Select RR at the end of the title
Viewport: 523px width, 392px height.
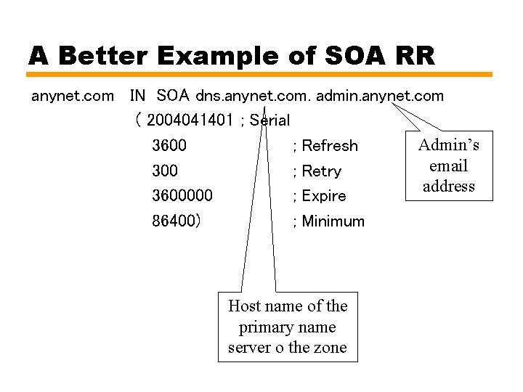[x=414, y=55]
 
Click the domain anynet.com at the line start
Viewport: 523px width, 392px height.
[x=73, y=96]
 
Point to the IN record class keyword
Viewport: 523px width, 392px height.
[x=137, y=96]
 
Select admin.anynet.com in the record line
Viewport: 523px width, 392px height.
[x=381, y=96]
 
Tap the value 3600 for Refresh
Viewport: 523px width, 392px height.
[x=169, y=146]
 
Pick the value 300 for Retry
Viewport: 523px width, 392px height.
[x=165, y=171]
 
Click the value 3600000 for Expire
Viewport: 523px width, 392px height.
[x=182, y=196]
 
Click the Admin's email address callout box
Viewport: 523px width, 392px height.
[x=449, y=166]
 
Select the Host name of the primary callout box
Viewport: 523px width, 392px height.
[x=288, y=327]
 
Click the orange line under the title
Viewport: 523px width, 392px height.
[x=260, y=74]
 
